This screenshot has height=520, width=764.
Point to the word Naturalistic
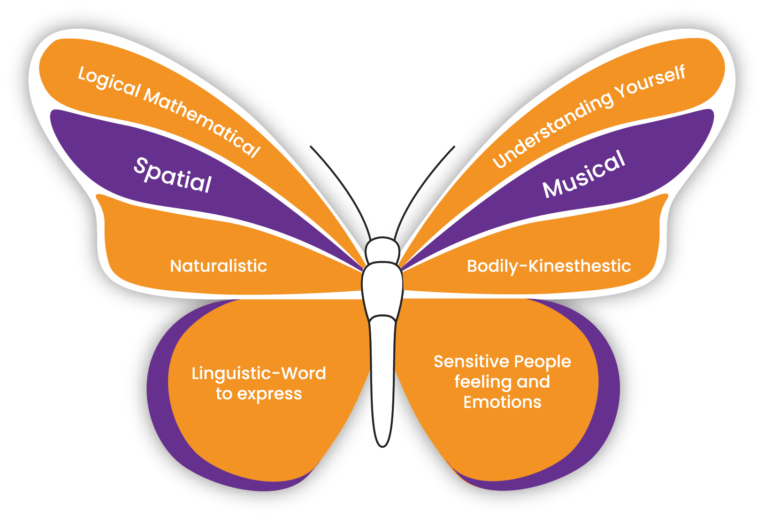218,266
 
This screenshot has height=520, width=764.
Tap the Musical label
584,174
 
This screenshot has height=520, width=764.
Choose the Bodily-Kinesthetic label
549,266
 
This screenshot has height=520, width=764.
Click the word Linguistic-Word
259,373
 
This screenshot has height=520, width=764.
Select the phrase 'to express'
259,394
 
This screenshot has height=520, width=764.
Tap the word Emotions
502,403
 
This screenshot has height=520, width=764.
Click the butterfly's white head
382,250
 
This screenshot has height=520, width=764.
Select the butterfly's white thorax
382,289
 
